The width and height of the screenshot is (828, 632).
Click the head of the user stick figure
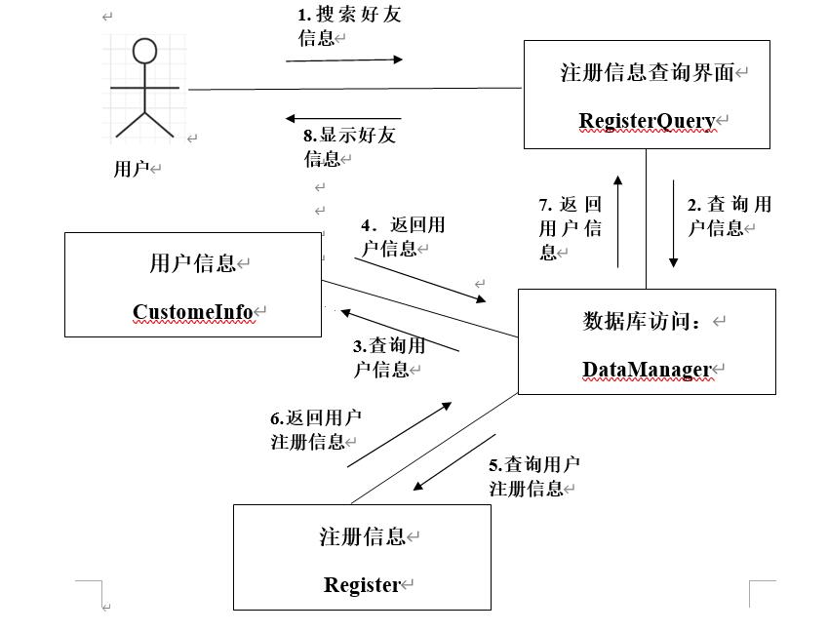coord(144,52)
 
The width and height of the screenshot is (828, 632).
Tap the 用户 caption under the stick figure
coord(131,169)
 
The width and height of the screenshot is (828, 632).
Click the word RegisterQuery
coord(647,121)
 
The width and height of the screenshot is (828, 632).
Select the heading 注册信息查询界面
coord(646,72)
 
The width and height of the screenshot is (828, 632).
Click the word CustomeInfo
coord(193,312)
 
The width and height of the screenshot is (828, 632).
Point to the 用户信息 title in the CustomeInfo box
coord(193,263)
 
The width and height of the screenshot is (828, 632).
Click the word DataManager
coord(647,370)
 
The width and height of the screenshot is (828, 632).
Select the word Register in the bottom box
coord(362,585)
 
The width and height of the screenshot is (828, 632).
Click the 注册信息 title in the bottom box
coord(362,536)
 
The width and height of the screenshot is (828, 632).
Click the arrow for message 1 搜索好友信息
coord(344,59)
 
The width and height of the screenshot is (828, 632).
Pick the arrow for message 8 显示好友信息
coord(343,119)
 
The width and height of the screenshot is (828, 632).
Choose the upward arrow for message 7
coord(617,220)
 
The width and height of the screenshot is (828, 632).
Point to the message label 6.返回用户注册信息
coord(314,429)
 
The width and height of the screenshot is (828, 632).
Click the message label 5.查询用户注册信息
coord(532,476)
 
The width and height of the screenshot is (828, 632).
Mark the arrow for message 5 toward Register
coord(453,463)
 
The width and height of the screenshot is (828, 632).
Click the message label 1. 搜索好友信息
coord(347,26)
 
